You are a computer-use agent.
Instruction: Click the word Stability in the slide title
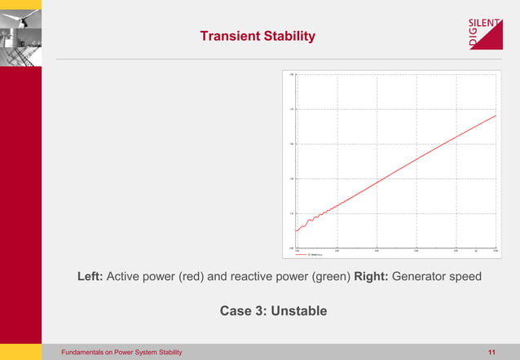289,37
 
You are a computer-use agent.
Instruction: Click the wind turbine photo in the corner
20,33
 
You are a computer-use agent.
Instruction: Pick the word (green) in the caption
332,277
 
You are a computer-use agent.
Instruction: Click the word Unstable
298,311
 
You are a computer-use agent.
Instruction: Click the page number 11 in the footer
491,352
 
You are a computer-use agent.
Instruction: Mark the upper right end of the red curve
496,116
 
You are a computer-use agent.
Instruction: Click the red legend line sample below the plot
302,254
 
